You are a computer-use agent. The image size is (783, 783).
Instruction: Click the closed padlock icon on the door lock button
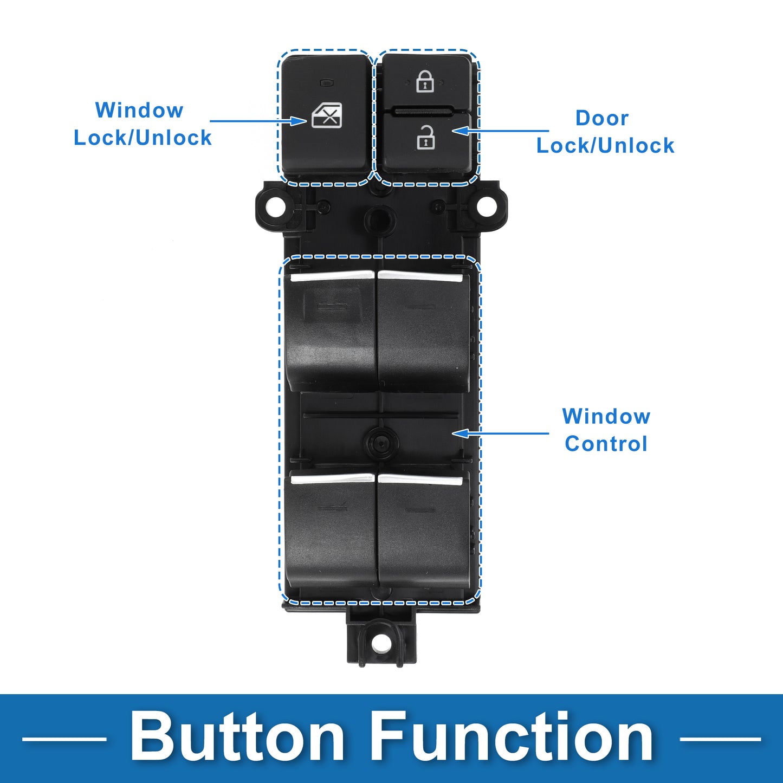[x=425, y=81]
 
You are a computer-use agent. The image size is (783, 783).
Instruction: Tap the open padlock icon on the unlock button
[x=425, y=137]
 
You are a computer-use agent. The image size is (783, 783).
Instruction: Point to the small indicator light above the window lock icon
[x=326, y=83]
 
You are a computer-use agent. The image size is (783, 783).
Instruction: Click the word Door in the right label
[x=602, y=118]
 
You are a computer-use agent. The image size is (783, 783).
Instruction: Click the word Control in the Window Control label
[x=606, y=443]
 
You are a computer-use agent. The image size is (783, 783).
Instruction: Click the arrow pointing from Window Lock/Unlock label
[x=258, y=121]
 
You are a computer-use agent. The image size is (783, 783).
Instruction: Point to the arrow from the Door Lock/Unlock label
[x=500, y=131]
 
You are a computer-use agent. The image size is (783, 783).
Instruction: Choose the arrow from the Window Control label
[x=500, y=433]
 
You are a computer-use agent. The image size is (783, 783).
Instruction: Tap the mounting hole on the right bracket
[x=487, y=206]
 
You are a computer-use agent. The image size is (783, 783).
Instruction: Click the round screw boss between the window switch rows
[x=381, y=443]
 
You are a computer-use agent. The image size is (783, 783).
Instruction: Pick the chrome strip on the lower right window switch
[x=420, y=480]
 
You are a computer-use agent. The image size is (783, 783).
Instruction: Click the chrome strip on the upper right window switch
[x=420, y=276]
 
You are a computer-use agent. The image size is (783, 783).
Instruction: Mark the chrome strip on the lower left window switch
[x=332, y=478]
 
